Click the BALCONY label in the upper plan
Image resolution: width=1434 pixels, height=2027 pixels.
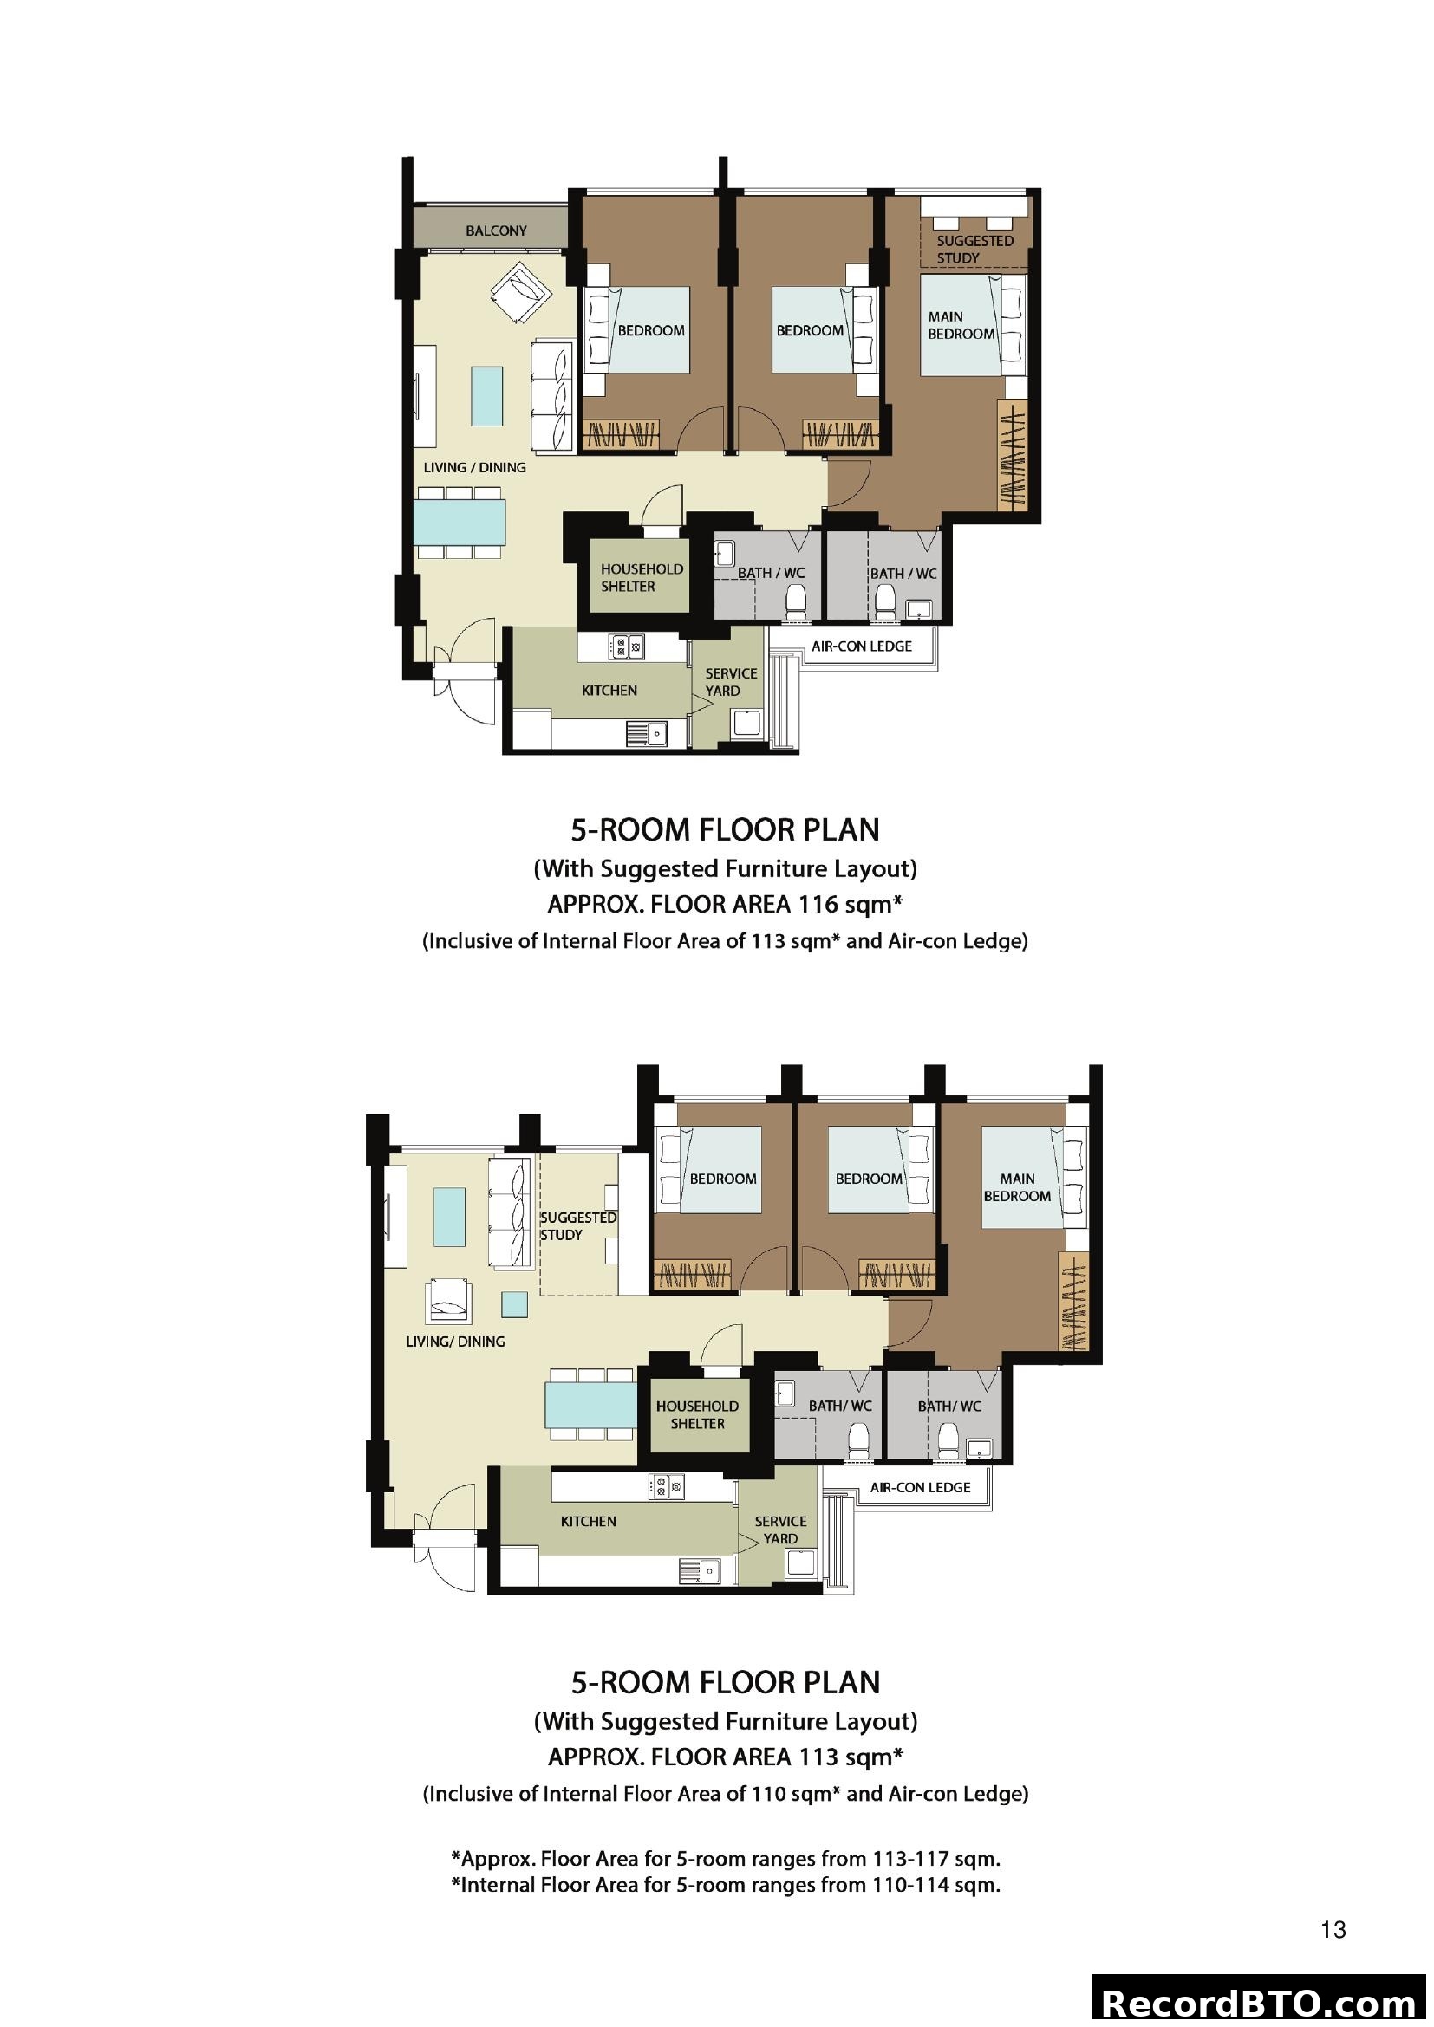[x=495, y=231]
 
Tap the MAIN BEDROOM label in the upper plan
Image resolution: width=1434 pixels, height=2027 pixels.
[x=961, y=325]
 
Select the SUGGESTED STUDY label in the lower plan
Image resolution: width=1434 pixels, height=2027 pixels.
[x=577, y=1225]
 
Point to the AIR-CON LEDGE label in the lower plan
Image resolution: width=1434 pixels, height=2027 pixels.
[x=920, y=1488]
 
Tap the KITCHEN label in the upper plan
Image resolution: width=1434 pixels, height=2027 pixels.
[x=609, y=691]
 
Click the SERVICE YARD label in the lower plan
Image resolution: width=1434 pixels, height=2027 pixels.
[x=780, y=1530]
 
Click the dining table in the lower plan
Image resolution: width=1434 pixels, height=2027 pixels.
[x=590, y=1405]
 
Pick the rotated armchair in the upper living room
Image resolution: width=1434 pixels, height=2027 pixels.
[x=521, y=294]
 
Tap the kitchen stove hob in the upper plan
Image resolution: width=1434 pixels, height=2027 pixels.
[x=625, y=647]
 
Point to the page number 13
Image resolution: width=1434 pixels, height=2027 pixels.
[x=1333, y=1930]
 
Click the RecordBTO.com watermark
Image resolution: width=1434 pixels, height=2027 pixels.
[x=1260, y=2002]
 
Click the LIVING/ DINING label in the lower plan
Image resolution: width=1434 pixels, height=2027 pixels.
[x=456, y=1341]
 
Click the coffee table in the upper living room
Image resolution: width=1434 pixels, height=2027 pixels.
[x=486, y=396]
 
